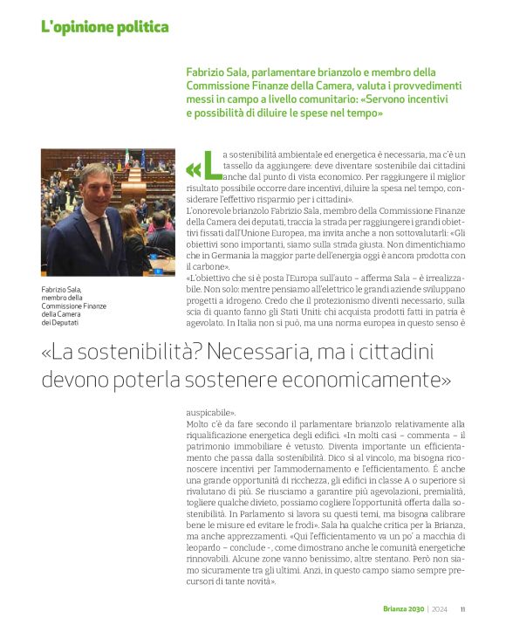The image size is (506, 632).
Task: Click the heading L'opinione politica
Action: (105, 27)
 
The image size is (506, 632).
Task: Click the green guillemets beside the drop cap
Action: (193, 168)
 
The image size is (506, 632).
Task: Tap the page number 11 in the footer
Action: (463, 609)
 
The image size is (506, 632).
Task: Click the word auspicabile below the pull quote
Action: (209, 410)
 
